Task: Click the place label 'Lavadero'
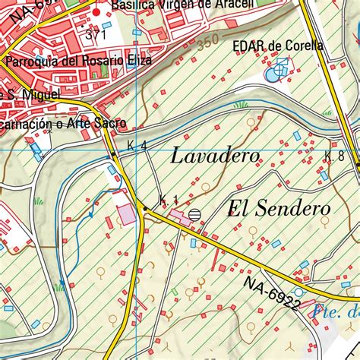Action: [x=216, y=156]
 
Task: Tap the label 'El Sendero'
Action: [x=278, y=209]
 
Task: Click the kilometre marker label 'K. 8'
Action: [x=334, y=156]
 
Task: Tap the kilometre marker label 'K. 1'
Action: [x=168, y=201]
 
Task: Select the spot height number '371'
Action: [x=96, y=34]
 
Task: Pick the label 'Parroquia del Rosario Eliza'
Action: [x=77, y=59]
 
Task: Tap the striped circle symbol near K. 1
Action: [x=195, y=215]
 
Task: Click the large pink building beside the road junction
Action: [x=127, y=214]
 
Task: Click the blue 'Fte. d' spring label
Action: [x=334, y=311]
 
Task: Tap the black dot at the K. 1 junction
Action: [x=145, y=207]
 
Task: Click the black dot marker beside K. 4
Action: [x=113, y=153]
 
